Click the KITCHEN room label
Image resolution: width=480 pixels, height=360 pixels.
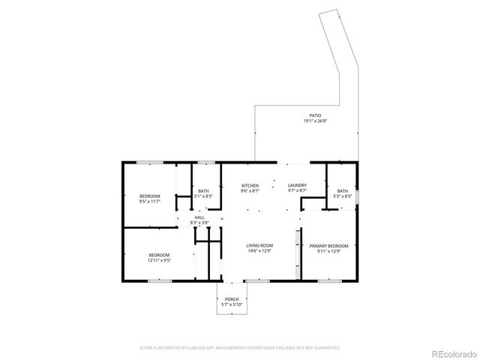250,185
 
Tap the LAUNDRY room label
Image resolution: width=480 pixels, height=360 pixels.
295,185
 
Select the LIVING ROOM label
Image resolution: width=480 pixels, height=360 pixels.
260,245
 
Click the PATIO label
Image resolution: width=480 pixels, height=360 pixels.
316,115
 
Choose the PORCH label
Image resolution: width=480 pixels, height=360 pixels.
232,299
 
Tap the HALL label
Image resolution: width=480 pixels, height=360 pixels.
199,217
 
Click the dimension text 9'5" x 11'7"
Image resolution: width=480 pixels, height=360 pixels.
151,202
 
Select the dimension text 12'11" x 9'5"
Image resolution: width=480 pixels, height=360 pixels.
159,260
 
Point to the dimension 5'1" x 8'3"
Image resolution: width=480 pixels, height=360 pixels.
203,196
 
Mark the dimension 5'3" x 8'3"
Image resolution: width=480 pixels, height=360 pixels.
342,196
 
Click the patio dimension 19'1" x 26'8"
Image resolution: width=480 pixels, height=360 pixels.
316,121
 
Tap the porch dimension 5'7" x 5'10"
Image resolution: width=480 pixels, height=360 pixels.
232,304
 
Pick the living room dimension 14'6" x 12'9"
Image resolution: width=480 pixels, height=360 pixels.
260,250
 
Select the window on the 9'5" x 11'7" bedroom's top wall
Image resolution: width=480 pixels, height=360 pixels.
150,162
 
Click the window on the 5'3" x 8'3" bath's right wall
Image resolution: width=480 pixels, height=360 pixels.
358,196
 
